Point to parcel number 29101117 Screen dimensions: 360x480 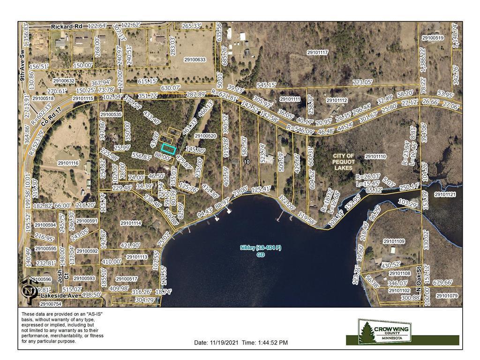pyautogui.click(x=317, y=52)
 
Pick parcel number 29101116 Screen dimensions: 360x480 pyautogui.click(x=68, y=163)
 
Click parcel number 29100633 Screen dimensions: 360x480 pyautogui.click(x=195, y=60)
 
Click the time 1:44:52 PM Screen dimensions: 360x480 pyautogui.click(x=271, y=343)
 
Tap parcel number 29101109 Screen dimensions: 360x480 pyautogui.click(x=394, y=241)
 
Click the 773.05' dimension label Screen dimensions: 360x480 pyautogui.click(x=362, y=82)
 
